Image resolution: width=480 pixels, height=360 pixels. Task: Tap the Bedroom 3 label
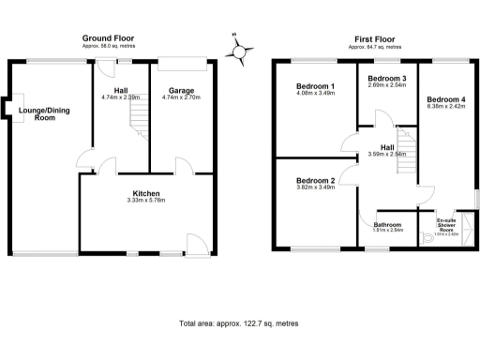click(387, 78)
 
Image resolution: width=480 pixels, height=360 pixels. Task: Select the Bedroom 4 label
click(445, 98)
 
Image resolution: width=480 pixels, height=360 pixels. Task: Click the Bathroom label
click(387, 224)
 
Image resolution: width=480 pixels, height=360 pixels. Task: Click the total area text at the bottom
click(238, 322)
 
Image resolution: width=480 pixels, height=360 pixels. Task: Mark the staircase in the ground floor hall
click(138, 119)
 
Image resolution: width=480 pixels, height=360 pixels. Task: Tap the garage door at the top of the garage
click(182, 64)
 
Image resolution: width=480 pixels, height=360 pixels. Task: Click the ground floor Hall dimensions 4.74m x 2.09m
click(120, 97)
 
